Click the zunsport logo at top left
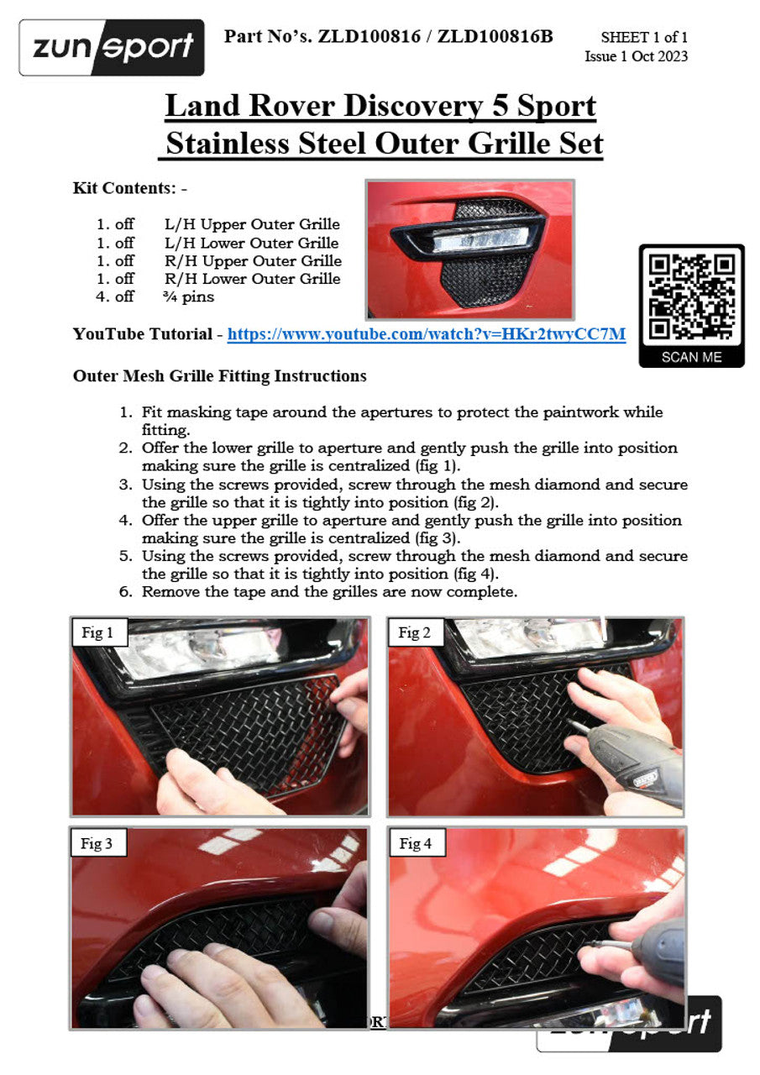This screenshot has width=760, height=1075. coord(112,48)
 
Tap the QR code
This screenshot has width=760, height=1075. coord(691,296)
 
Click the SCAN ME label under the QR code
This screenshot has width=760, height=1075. coord(691,357)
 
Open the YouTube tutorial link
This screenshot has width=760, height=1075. coord(427,334)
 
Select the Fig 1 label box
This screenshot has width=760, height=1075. coord(98,633)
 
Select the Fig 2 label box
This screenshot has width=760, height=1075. coord(415,633)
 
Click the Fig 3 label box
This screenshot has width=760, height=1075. coord(97,844)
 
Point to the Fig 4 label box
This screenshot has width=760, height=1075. coord(416,844)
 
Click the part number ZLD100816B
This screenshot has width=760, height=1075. coord(495,36)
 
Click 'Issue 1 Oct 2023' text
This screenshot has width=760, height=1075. coord(636,57)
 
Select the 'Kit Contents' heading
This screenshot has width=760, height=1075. coord(123,188)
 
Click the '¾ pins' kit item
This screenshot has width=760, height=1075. coord(189,296)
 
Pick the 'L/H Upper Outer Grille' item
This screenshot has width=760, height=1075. coord(252,224)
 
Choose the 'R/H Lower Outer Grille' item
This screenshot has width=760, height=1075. coord(252,279)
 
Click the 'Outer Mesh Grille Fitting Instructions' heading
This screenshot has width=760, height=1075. coord(220,376)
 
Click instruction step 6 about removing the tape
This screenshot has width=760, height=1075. coord(329,592)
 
